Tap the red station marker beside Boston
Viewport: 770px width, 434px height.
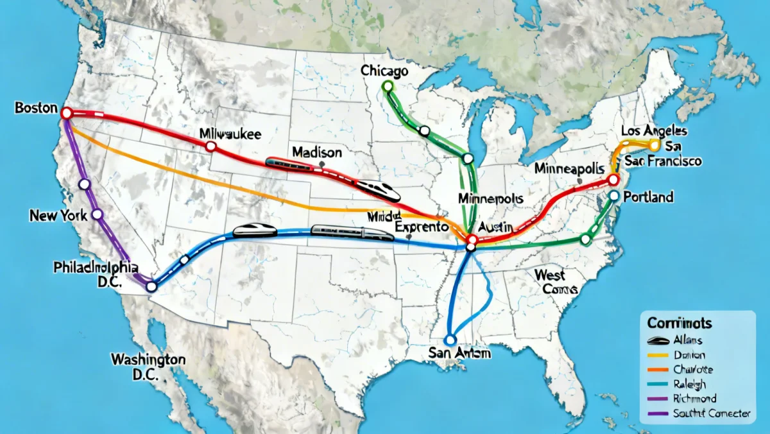click(x=66, y=113)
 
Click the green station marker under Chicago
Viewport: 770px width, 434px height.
click(x=386, y=85)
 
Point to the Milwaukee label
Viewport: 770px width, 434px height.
click(x=230, y=134)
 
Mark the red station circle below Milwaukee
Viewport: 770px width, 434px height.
click(x=210, y=147)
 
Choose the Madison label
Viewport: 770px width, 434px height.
click(x=316, y=152)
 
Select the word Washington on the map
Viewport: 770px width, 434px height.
click(x=148, y=358)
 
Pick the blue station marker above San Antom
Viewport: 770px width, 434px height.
click(x=450, y=338)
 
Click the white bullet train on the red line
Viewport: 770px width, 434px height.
click(x=379, y=189)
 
